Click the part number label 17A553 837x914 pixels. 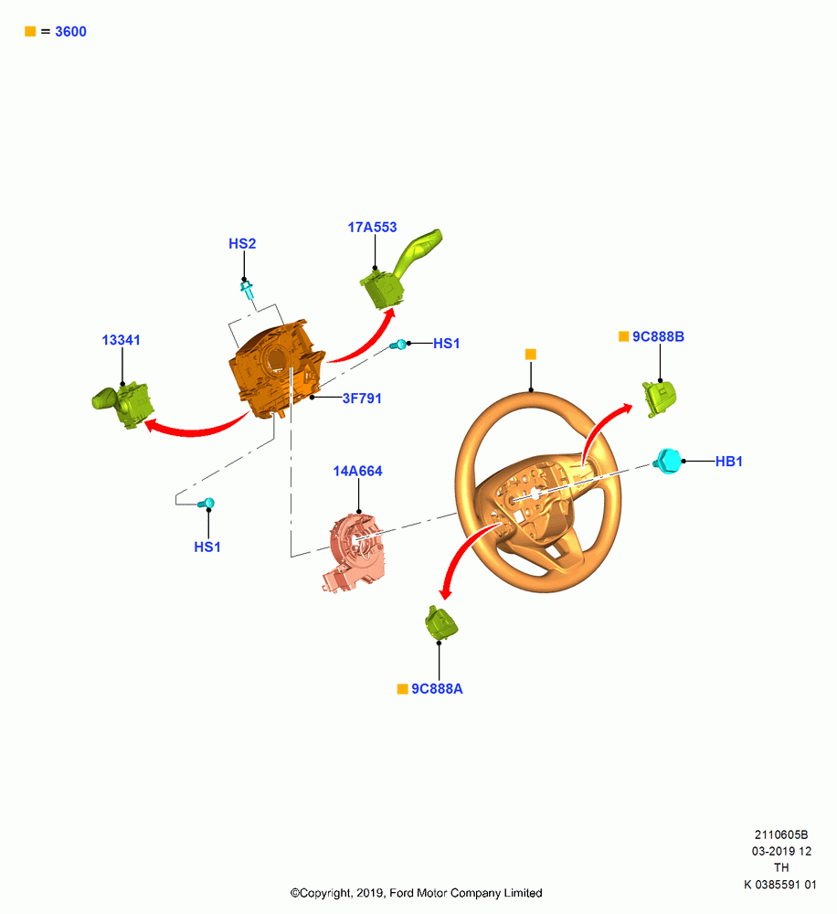(372, 228)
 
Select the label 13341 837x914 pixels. (122, 340)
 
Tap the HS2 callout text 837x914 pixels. (242, 244)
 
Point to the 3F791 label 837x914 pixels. (361, 399)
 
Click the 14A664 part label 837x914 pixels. (357, 471)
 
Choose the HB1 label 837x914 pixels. (728, 461)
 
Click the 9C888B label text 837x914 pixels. (658, 336)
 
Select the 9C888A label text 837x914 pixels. (437, 688)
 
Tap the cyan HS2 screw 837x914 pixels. (247, 289)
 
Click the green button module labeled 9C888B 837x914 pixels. (659, 399)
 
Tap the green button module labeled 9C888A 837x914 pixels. (441, 623)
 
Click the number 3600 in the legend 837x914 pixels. (70, 31)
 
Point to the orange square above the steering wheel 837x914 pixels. (530, 355)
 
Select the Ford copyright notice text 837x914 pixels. (416, 893)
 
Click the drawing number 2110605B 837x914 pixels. (781, 834)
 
